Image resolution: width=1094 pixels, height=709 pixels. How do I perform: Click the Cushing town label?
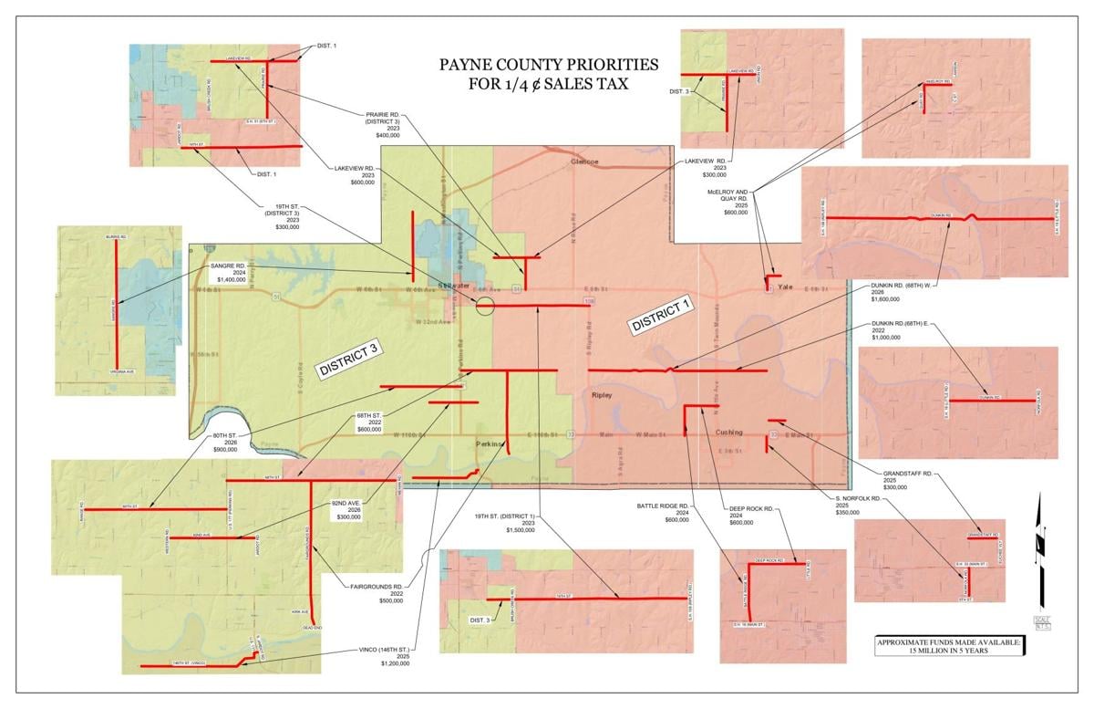point(728,432)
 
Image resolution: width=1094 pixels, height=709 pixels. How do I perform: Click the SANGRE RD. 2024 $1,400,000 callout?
point(227,272)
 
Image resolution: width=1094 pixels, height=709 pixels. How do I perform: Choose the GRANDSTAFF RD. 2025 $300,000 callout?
point(907,480)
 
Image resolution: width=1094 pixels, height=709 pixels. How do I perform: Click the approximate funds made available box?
point(948,645)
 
